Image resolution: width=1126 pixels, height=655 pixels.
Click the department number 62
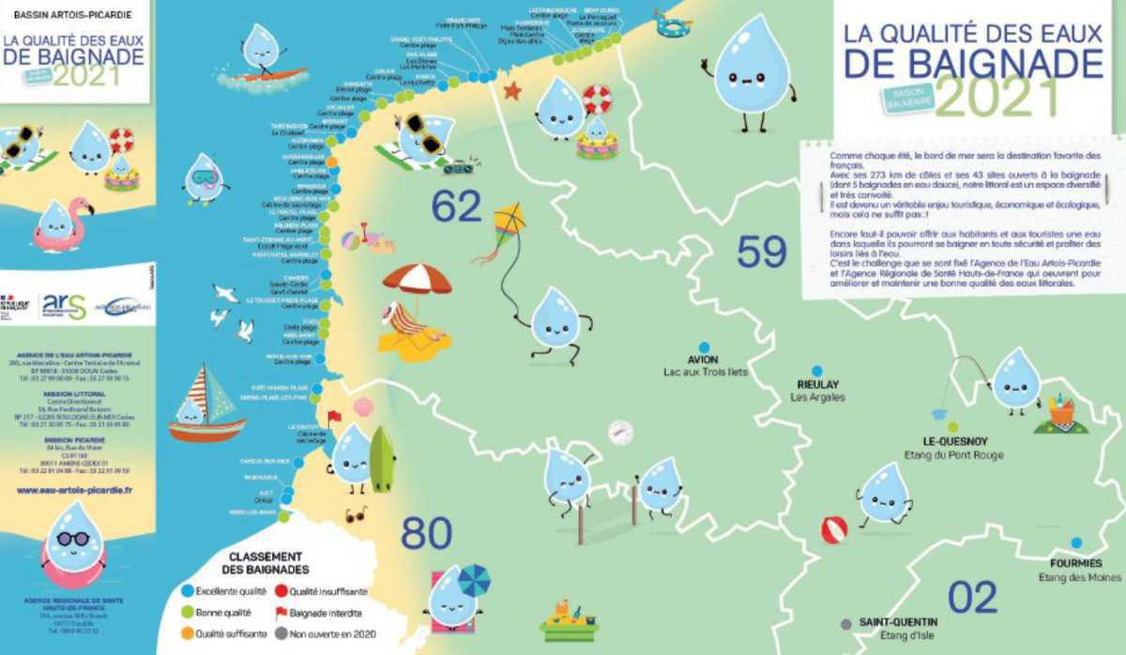(456, 207)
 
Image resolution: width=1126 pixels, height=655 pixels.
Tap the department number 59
(761, 251)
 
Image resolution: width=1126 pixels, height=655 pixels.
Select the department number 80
(426, 533)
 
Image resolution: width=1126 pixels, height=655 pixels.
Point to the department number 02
(971, 598)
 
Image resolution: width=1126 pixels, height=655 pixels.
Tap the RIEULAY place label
(817, 384)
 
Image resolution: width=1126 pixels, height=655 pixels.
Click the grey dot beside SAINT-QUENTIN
(845, 623)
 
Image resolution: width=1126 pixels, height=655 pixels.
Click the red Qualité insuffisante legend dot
(281, 591)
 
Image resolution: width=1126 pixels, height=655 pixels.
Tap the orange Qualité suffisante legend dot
(187, 633)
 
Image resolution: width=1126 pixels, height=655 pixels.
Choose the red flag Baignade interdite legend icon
(281, 612)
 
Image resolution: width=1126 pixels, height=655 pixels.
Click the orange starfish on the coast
(511, 90)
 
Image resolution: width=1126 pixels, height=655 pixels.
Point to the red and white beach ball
(833, 530)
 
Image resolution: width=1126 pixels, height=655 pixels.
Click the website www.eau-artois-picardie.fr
(74, 490)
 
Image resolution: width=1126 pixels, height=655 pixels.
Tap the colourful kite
(510, 221)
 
